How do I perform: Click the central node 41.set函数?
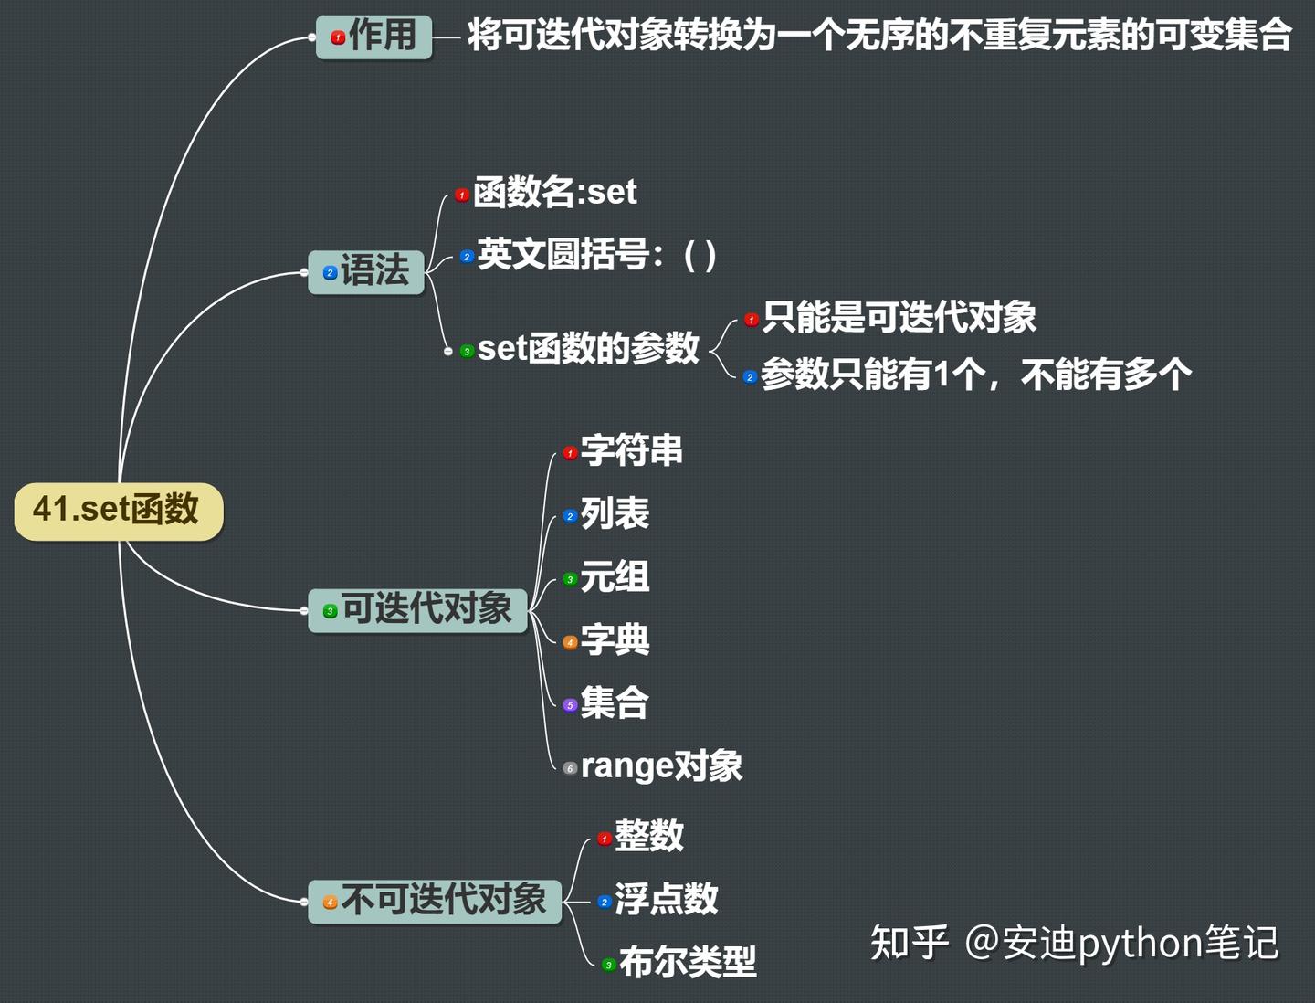(x=119, y=511)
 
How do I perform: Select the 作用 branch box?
(x=373, y=37)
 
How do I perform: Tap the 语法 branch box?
(x=366, y=272)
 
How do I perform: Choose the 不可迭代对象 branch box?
(x=435, y=901)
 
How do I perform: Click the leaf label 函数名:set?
(x=554, y=193)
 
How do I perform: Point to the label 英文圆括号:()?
(x=596, y=255)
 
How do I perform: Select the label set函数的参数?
(x=588, y=348)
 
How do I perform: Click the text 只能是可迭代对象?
(x=899, y=317)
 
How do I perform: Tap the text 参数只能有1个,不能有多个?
(x=976, y=375)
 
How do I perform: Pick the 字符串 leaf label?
(x=631, y=450)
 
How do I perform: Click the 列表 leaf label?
(x=615, y=513)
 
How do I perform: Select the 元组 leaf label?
(x=615, y=576)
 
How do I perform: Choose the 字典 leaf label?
(x=615, y=640)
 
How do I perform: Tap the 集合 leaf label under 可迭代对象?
(x=615, y=702)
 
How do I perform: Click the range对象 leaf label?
(x=661, y=766)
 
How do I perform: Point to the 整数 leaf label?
(x=648, y=836)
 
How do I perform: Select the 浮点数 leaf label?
(x=667, y=899)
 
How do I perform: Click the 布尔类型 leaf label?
(x=688, y=962)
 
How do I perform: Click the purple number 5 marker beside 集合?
(x=570, y=705)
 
